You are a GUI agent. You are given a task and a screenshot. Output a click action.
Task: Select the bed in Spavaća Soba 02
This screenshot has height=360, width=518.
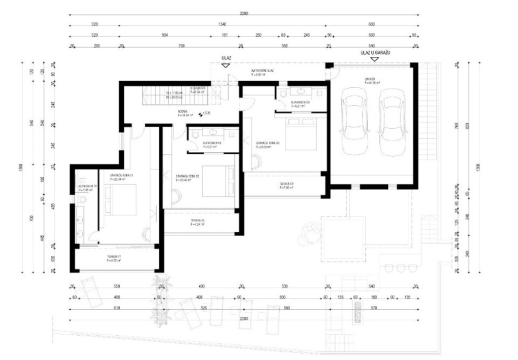tap(215, 179)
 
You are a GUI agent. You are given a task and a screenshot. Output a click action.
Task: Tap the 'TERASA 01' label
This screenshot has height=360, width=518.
tap(115, 257)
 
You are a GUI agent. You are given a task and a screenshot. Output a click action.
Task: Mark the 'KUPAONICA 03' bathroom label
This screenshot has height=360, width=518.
tap(300, 103)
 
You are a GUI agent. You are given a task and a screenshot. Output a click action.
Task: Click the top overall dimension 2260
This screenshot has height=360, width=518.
tap(245, 12)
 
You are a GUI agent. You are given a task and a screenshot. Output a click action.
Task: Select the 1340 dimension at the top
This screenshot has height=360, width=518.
tap(222, 24)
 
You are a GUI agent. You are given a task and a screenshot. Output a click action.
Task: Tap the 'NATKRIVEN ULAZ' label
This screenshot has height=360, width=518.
tap(262, 71)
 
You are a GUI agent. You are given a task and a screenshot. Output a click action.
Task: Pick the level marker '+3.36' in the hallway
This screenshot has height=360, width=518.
tap(206, 113)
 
